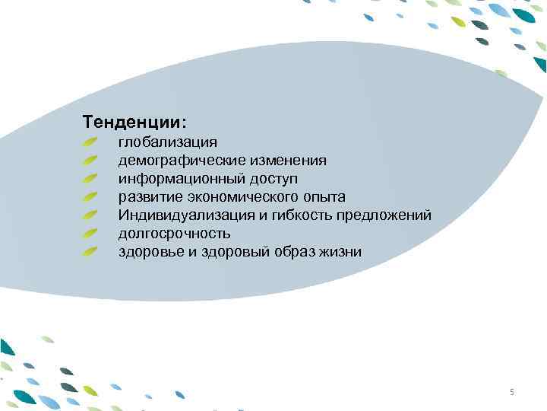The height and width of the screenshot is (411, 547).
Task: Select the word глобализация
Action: click(x=167, y=142)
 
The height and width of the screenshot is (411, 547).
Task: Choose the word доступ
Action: click(x=271, y=179)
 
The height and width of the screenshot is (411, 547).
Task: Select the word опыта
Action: click(x=324, y=197)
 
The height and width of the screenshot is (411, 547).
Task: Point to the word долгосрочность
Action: click(x=174, y=234)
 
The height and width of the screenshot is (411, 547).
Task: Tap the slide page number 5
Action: click(x=512, y=392)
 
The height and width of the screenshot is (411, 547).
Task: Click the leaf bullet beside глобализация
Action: click(x=90, y=142)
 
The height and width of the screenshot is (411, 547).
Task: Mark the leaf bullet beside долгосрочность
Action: click(x=90, y=233)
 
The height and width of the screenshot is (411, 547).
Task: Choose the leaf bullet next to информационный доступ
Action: click(x=90, y=178)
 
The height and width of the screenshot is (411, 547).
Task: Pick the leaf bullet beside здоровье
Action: click(x=90, y=251)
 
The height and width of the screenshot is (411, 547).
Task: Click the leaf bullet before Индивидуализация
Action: click(x=90, y=215)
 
